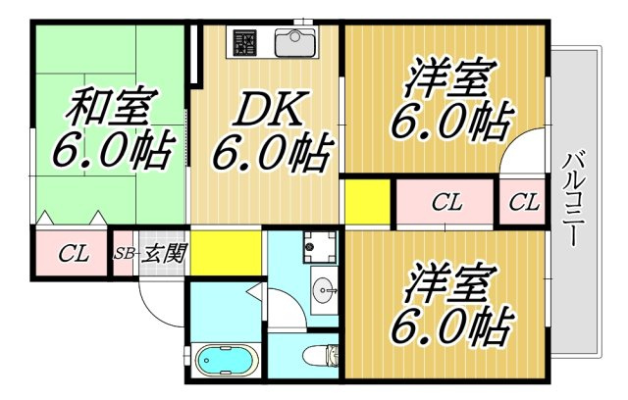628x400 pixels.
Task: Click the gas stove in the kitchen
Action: click(x=244, y=42)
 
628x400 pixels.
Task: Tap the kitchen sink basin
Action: click(x=294, y=42)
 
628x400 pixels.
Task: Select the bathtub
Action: click(x=225, y=361)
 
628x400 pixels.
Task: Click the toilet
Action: click(x=320, y=355)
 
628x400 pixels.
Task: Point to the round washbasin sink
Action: click(x=325, y=287)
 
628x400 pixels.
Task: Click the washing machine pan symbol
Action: click(x=320, y=247)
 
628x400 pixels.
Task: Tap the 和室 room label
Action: click(x=112, y=106)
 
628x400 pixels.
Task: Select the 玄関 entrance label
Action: click(x=165, y=252)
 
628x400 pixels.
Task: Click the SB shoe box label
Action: click(x=124, y=254)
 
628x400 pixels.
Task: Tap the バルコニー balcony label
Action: click(x=572, y=198)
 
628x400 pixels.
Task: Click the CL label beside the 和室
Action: click(x=74, y=253)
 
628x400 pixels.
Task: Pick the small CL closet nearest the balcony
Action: click(x=524, y=202)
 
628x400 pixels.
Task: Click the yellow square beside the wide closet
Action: click(x=367, y=202)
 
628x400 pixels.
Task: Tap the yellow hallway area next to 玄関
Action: click(x=226, y=253)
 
